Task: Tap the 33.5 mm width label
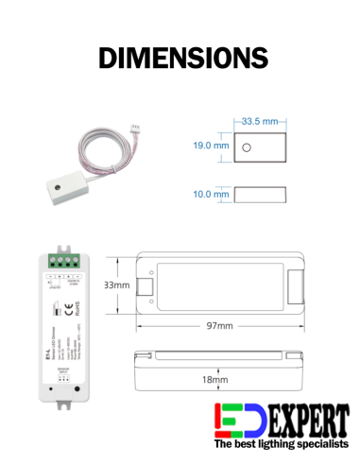pos(260,122)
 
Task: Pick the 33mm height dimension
pos(116,284)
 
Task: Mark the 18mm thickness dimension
pos(216,379)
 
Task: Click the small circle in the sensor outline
pos(246,147)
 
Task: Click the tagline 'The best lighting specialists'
pos(281,443)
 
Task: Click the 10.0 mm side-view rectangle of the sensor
pos(260,195)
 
